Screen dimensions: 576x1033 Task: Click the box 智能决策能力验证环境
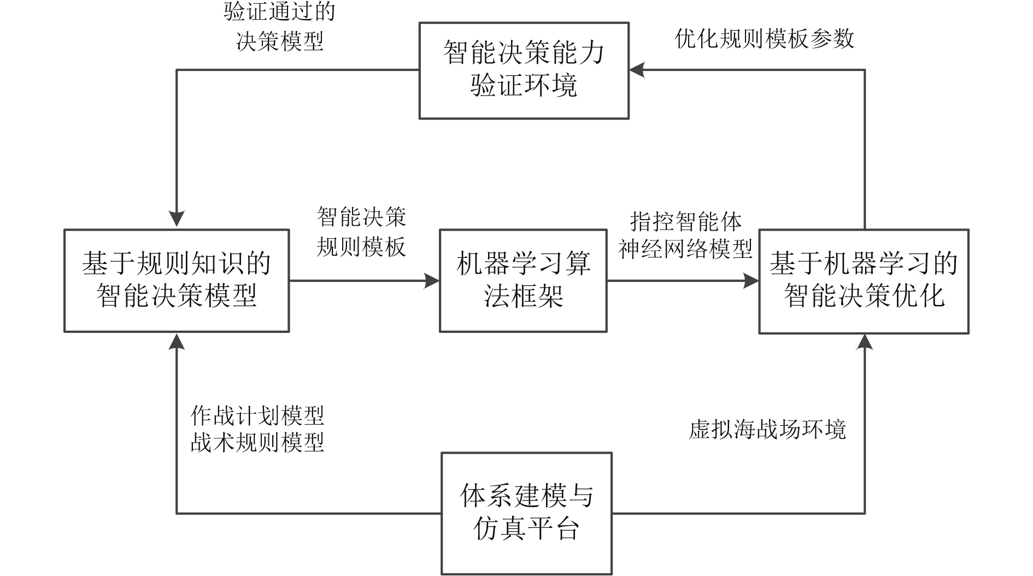[x=524, y=70]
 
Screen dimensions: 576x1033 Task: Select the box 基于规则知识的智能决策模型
[x=177, y=280]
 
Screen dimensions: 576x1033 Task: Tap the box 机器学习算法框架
[x=523, y=280]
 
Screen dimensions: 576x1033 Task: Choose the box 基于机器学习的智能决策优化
[x=864, y=281]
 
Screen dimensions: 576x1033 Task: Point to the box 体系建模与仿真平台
[x=526, y=513]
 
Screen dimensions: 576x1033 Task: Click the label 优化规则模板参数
[x=764, y=39]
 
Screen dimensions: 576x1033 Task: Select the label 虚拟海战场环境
[x=767, y=430]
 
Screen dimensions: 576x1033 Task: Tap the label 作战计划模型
[x=257, y=416]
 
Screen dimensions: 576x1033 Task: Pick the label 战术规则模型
[x=257, y=442]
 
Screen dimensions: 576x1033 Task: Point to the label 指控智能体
[x=686, y=222]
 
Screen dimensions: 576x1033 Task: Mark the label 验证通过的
[x=279, y=12]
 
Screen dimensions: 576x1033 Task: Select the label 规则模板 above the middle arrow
[x=361, y=247]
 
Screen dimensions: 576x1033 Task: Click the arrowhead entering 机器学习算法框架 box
[x=433, y=281]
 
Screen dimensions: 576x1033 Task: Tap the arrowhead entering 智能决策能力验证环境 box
[x=637, y=70]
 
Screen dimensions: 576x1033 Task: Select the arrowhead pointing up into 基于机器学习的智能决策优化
[x=865, y=342]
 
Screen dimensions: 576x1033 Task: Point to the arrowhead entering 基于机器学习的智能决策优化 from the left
[x=752, y=281]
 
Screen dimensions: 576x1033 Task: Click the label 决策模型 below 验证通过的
[x=280, y=41]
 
